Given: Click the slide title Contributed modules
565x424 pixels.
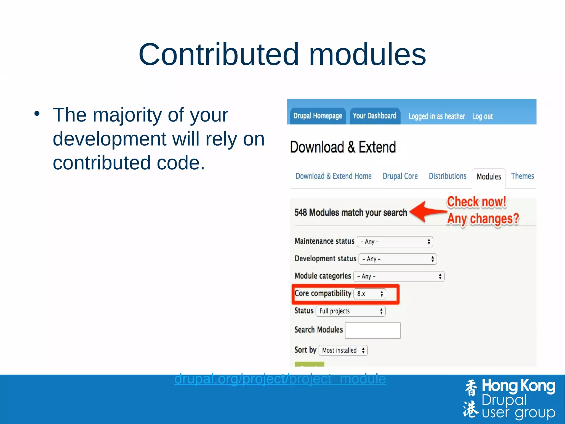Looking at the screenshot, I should click(x=282, y=54).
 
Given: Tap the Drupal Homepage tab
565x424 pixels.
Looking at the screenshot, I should click(x=318, y=116).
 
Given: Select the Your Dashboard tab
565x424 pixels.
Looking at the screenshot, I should click(x=374, y=116).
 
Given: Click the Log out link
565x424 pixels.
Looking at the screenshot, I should click(x=482, y=117).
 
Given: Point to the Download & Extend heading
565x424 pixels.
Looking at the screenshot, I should click(x=343, y=147).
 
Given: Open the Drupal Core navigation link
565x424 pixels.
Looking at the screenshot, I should click(x=400, y=176).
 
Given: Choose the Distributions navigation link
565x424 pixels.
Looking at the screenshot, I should click(x=447, y=176).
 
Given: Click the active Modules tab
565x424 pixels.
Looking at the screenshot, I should click(x=489, y=177).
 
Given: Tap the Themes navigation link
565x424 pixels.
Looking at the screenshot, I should click(x=522, y=176).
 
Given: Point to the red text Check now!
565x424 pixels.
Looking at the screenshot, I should click(x=476, y=202).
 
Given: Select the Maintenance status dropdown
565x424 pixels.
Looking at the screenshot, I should click(x=395, y=242).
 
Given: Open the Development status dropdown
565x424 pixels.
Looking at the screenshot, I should click(x=398, y=259).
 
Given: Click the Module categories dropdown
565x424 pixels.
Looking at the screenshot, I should click(x=399, y=276).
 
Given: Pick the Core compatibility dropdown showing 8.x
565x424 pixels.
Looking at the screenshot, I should click(x=370, y=294).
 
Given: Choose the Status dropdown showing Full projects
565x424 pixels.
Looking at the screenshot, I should click(x=350, y=311).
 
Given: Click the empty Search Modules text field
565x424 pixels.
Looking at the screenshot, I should click(x=372, y=330).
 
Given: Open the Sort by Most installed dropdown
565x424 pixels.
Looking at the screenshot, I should click(x=343, y=351).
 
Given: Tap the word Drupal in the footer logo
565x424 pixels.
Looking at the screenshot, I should click(x=504, y=400).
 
